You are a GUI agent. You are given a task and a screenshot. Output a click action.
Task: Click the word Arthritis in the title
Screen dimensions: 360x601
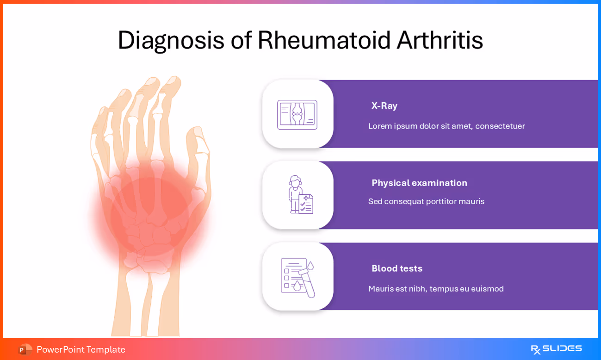(440, 40)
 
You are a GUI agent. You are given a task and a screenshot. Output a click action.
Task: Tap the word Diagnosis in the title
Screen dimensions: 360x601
(171, 41)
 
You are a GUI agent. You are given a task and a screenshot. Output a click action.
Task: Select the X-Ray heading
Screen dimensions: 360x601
(384, 106)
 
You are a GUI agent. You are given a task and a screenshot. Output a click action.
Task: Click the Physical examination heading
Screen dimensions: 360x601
(419, 183)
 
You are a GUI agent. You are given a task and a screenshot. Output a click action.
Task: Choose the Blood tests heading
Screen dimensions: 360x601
(397, 268)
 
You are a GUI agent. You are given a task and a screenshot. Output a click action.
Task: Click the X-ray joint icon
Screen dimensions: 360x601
(297, 114)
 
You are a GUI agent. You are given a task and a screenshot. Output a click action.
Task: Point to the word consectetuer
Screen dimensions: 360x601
(500, 126)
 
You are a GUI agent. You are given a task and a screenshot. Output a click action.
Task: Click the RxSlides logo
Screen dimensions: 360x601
(556, 349)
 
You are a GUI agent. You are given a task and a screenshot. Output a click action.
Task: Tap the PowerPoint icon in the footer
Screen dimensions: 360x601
(25, 349)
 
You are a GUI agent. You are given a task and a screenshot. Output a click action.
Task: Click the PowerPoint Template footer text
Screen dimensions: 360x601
(81, 349)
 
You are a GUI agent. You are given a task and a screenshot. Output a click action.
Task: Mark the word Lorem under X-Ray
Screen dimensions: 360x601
(380, 126)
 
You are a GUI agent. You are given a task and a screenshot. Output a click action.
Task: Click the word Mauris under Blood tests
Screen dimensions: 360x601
(380, 289)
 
